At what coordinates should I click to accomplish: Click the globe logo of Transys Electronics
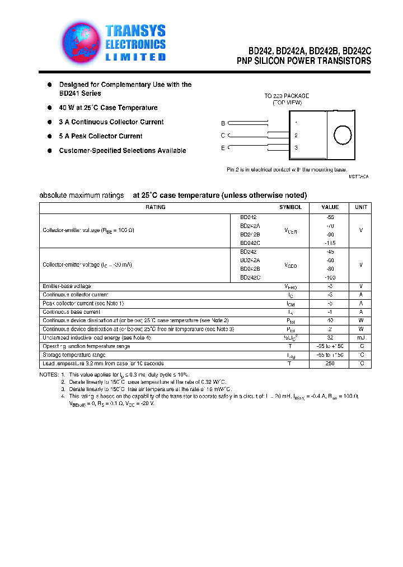[x=82, y=43]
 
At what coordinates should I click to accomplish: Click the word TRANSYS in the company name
[x=136, y=31]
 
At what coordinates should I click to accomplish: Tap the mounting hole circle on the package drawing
[x=342, y=135]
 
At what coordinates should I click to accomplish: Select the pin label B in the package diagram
[x=223, y=123]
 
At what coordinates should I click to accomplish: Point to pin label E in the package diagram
[x=223, y=148]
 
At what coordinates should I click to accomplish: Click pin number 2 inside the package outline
[x=296, y=135]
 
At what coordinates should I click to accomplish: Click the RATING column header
[x=156, y=207]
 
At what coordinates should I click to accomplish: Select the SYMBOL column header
[x=290, y=207]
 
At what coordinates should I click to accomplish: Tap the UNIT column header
[x=362, y=207]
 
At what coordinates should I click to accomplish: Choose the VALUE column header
[x=330, y=207]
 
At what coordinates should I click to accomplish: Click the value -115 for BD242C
[x=330, y=243]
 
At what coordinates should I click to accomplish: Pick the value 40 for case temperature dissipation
[x=330, y=320]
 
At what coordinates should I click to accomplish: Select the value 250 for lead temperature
[x=330, y=364]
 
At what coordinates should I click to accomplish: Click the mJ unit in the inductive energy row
[x=362, y=338]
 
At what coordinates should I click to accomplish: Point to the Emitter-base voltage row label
[x=67, y=286]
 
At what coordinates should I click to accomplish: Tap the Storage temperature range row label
[x=74, y=355]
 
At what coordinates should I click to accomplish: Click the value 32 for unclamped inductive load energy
[x=330, y=338]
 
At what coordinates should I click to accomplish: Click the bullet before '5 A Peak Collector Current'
[x=50, y=136]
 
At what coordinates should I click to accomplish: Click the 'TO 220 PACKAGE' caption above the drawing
[x=287, y=96]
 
